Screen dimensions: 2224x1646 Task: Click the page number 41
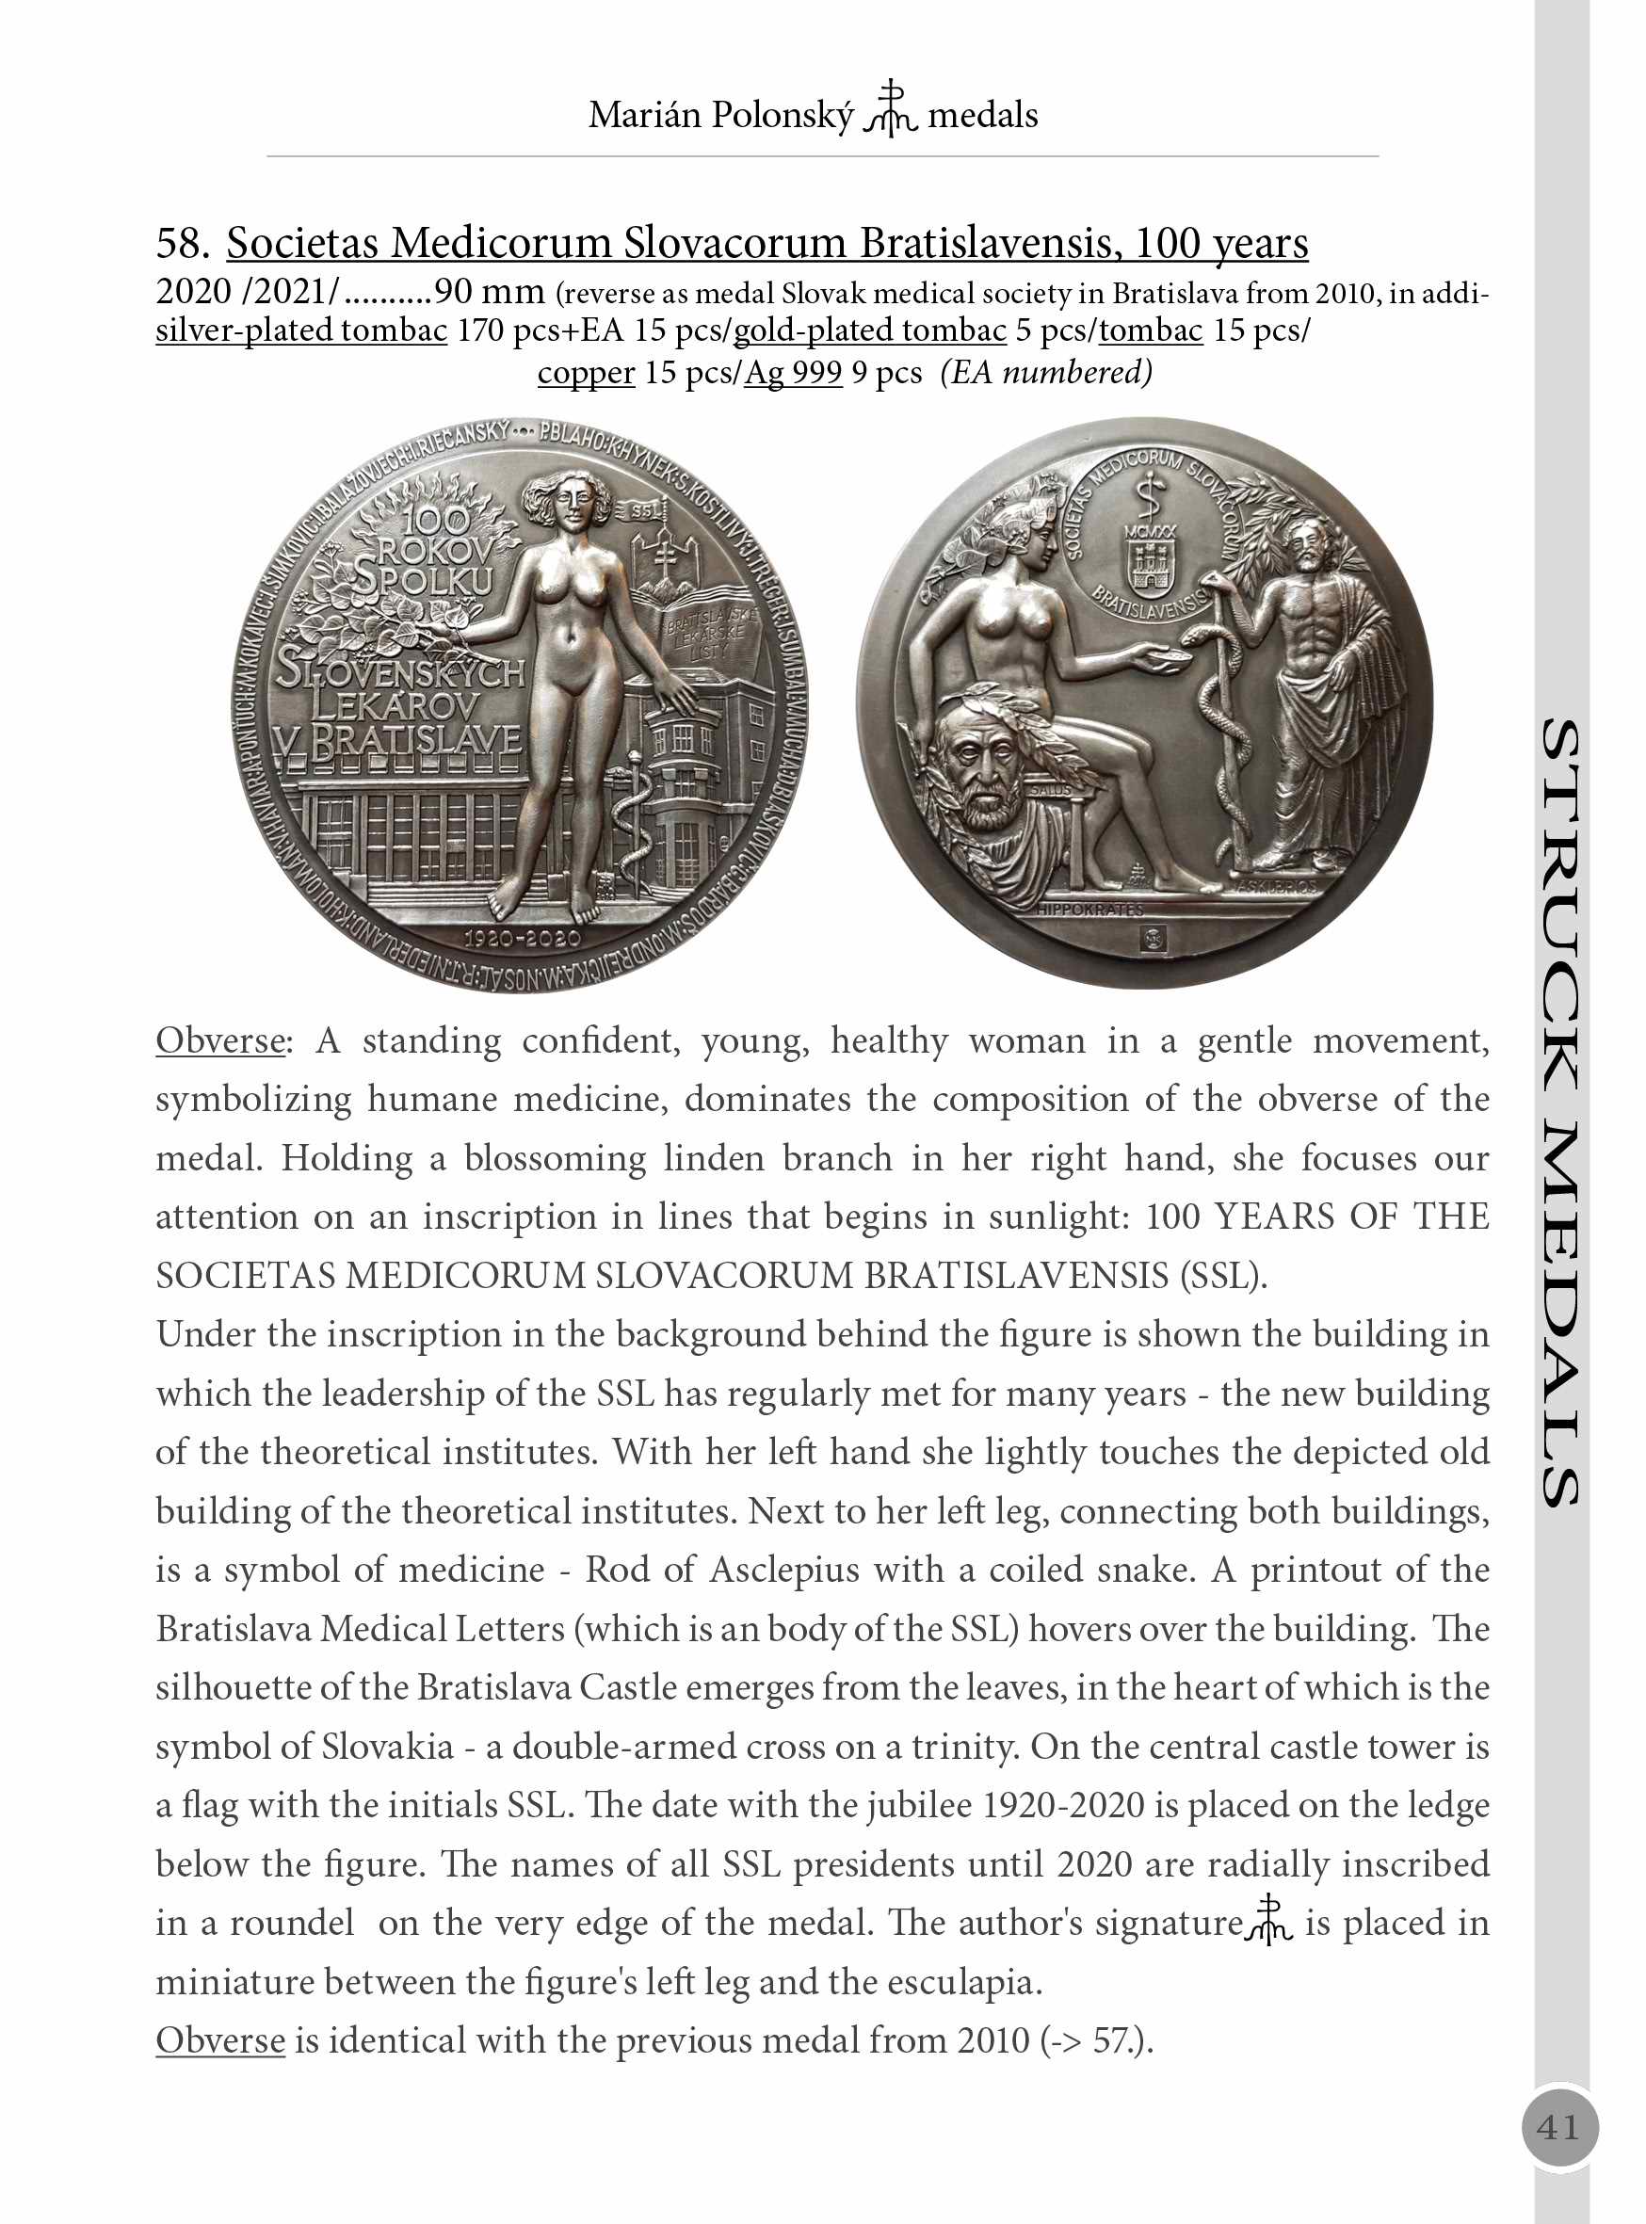pos(1558,2127)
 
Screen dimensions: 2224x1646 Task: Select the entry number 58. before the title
pos(184,243)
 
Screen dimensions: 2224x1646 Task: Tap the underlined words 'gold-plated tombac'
pos(869,330)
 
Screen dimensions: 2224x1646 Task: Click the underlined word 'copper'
pos(586,373)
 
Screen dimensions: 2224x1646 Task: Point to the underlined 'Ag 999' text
pos(793,373)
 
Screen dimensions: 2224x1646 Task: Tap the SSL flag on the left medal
pos(648,511)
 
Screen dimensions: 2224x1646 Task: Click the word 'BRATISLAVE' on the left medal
pos(415,740)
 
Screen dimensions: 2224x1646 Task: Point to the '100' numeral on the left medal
pos(436,519)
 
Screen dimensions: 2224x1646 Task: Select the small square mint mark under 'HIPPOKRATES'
pos(1153,937)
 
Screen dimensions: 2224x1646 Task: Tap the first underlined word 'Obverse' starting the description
pos(219,1040)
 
